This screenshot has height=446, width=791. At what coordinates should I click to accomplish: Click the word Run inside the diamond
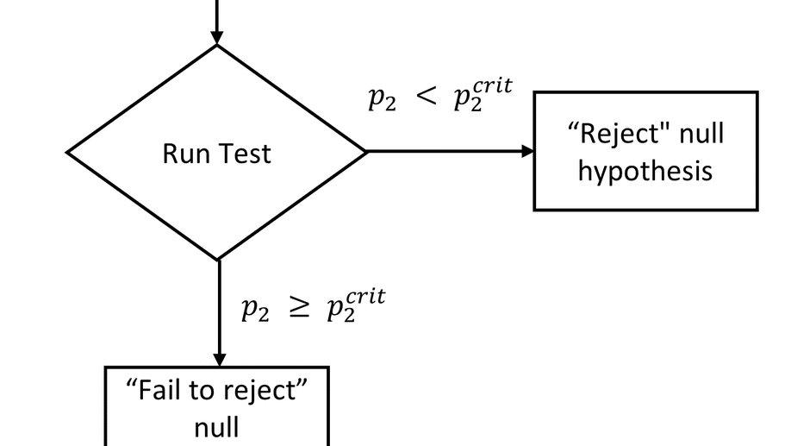tap(181, 154)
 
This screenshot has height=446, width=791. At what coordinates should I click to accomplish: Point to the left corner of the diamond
tap(69, 153)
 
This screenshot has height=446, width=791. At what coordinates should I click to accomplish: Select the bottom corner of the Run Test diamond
tap(218, 259)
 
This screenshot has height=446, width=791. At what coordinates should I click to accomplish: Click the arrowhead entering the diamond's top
tap(217, 37)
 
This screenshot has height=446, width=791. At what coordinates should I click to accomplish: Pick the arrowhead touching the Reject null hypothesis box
tap(527, 151)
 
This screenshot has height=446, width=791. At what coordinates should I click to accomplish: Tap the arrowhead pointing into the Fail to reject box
tap(218, 360)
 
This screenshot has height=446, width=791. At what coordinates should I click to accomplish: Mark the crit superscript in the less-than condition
tap(489, 87)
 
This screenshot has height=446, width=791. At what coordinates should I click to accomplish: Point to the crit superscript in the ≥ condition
tap(361, 298)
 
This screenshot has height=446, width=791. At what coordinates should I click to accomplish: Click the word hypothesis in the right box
tap(645, 170)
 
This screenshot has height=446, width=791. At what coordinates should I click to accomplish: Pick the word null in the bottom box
tap(216, 426)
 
